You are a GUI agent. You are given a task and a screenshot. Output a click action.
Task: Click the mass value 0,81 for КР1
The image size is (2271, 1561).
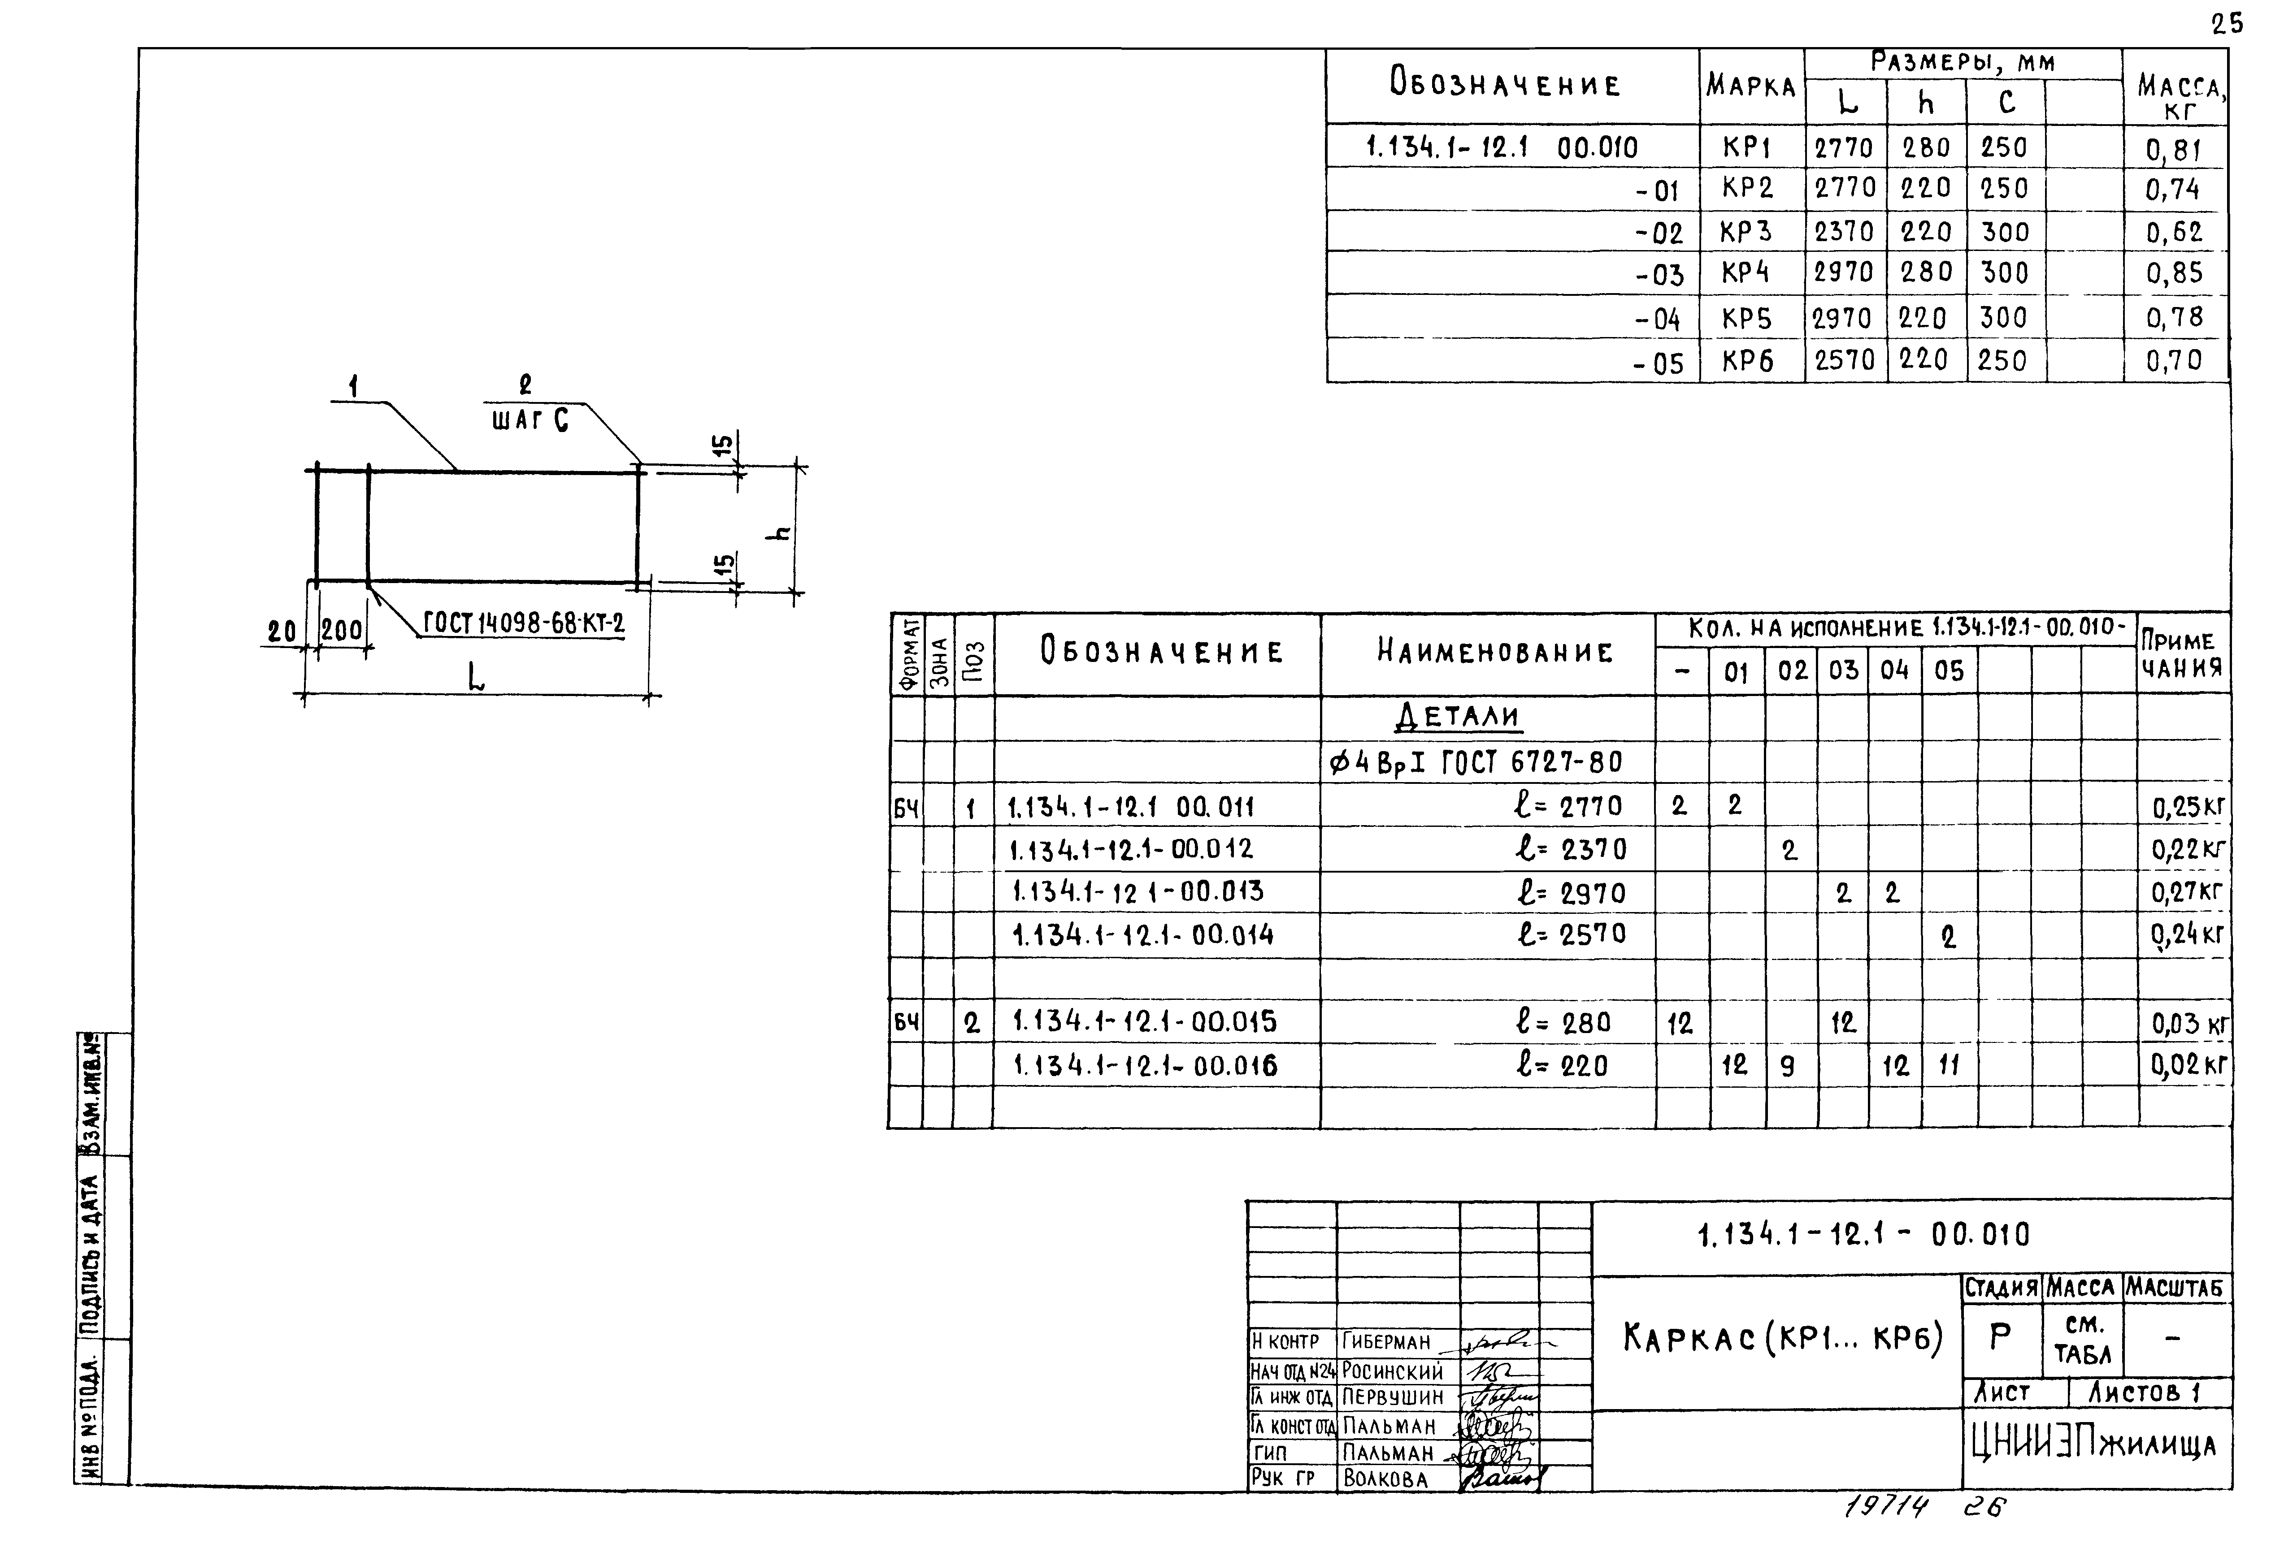point(2173,150)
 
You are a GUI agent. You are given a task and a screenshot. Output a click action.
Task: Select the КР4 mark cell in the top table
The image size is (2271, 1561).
point(1746,273)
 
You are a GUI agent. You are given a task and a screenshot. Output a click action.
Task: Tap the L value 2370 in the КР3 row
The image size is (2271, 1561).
point(1843,232)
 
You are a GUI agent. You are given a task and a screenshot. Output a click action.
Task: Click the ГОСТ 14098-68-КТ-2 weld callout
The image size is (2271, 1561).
point(524,623)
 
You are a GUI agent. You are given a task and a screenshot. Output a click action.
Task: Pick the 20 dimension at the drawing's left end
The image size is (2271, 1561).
point(282,633)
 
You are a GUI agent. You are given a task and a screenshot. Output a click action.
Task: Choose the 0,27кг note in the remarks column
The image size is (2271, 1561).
point(2187,892)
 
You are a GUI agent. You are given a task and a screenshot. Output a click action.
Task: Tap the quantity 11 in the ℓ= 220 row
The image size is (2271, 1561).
point(1948,1065)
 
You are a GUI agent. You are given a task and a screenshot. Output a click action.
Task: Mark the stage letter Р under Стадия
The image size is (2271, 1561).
point(2001,1337)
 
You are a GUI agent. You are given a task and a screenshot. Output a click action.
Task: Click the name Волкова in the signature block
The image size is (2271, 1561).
point(1385,1479)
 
